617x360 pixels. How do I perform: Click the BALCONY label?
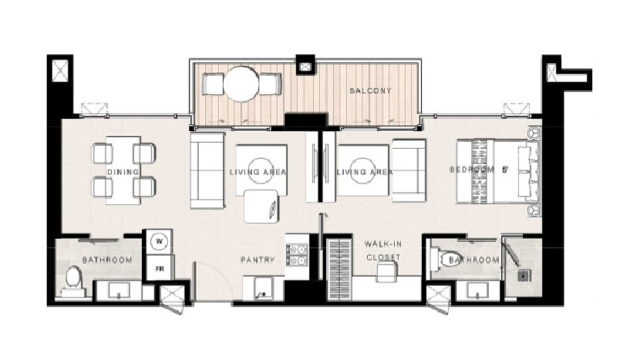tap(371, 90)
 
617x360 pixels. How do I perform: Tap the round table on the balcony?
tap(241, 84)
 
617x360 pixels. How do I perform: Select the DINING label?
tap(123, 172)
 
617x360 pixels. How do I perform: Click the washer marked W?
tap(160, 241)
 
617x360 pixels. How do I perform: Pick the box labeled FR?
tap(160, 268)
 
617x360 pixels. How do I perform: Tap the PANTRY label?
tap(258, 260)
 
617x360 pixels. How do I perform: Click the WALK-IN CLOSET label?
tap(383, 251)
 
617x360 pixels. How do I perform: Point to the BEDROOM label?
tap(472, 170)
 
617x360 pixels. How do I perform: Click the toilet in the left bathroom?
tap(72, 281)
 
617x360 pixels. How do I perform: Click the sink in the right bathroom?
tap(477, 291)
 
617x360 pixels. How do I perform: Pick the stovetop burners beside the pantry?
tap(297, 255)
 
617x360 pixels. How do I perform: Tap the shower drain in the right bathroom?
tap(523, 276)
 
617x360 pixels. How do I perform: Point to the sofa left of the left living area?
tap(207, 170)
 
